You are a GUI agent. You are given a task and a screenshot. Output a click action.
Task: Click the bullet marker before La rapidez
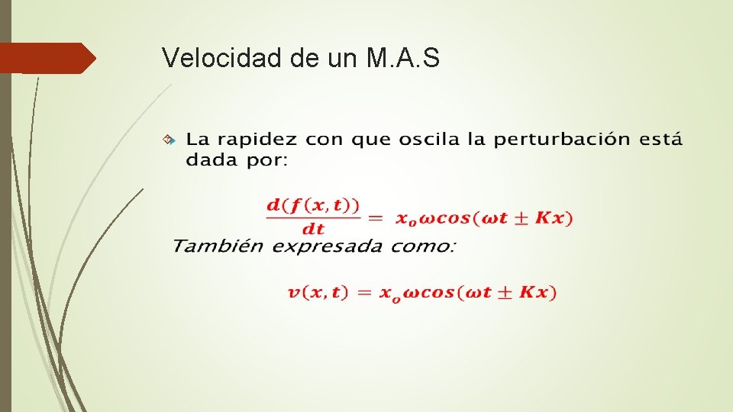[171, 140]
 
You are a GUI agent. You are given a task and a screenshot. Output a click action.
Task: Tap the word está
[660, 140]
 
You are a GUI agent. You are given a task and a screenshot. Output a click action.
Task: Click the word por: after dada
[265, 161]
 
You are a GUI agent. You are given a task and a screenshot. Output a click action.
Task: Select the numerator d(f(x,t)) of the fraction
[313, 205]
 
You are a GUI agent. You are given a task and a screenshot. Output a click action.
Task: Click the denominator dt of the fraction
[313, 228]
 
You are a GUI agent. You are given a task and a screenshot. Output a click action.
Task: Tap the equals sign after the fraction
[376, 218]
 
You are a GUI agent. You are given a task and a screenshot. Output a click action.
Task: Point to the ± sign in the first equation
[522, 218]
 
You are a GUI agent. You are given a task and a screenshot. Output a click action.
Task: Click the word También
[218, 246]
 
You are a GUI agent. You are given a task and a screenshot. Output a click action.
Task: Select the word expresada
[329, 246]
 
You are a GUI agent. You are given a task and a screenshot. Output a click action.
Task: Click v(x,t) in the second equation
[318, 292]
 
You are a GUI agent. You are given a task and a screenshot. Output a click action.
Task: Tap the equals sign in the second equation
[360, 292]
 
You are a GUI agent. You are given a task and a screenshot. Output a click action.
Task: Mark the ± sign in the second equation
[506, 292]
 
